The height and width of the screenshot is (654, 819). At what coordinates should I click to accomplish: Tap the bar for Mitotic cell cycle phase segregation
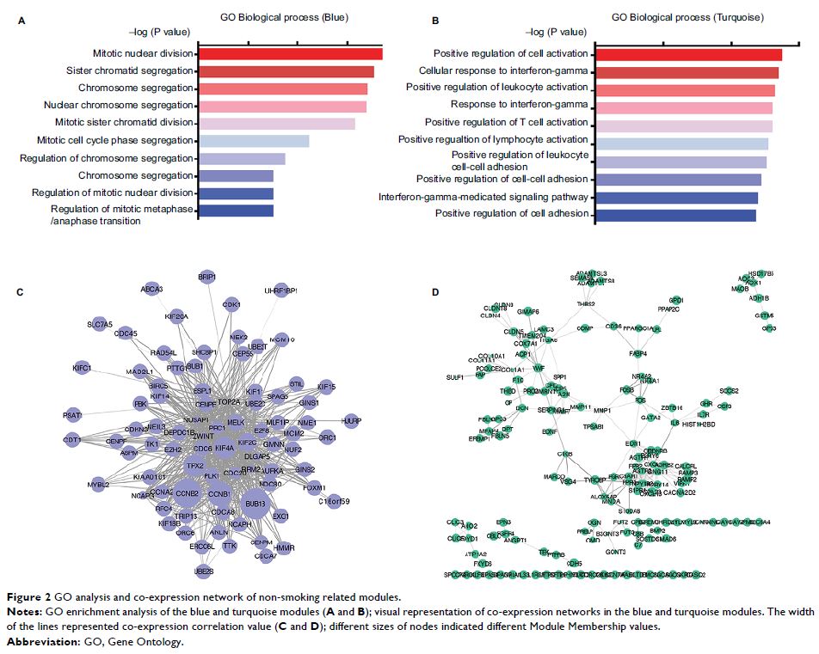[x=252, y=141]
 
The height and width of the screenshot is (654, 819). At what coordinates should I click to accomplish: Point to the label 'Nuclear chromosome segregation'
[x=129, y=106]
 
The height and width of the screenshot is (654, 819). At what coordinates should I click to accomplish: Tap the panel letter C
[x=20, y=293]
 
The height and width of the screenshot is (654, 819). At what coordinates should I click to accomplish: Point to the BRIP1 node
[x=206, y=277]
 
